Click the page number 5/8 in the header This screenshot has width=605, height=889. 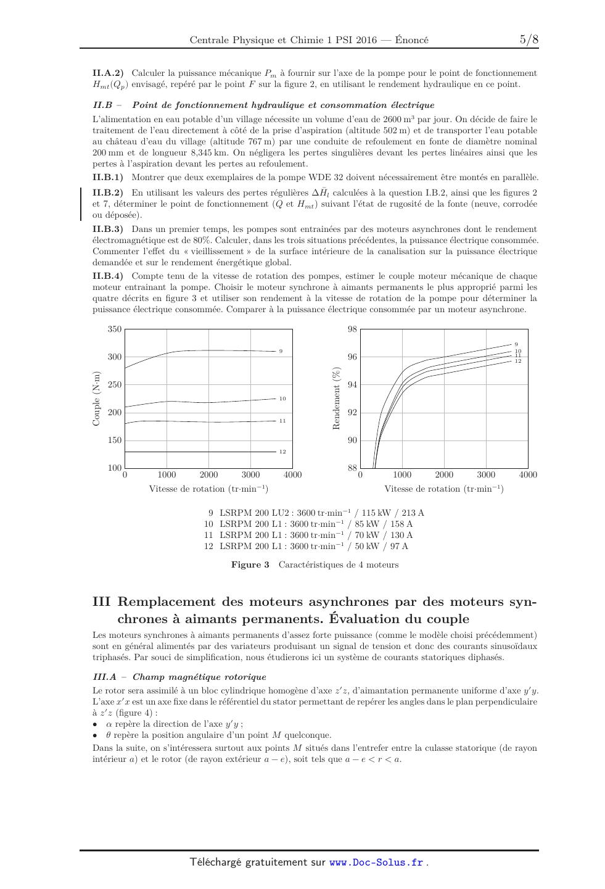point(529,40)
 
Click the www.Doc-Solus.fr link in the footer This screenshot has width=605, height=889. point(376,862)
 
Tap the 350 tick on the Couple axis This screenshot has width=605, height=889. point(115,329)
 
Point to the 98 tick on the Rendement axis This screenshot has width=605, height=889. point(352,329)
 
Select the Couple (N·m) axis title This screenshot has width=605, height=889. point(96,399)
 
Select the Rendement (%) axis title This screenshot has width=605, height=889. point(337,399)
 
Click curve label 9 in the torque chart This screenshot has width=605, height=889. point(281,351)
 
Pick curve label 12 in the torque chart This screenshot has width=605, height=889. point(282,452)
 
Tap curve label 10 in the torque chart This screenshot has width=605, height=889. point(282,399)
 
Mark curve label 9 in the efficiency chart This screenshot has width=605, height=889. point(516,344)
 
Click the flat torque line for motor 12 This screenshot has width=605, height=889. point(197,452)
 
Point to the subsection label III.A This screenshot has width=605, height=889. point(104,677)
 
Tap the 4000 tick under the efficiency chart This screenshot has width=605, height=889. point(528,474)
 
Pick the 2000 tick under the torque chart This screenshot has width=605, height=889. point(208,474)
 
